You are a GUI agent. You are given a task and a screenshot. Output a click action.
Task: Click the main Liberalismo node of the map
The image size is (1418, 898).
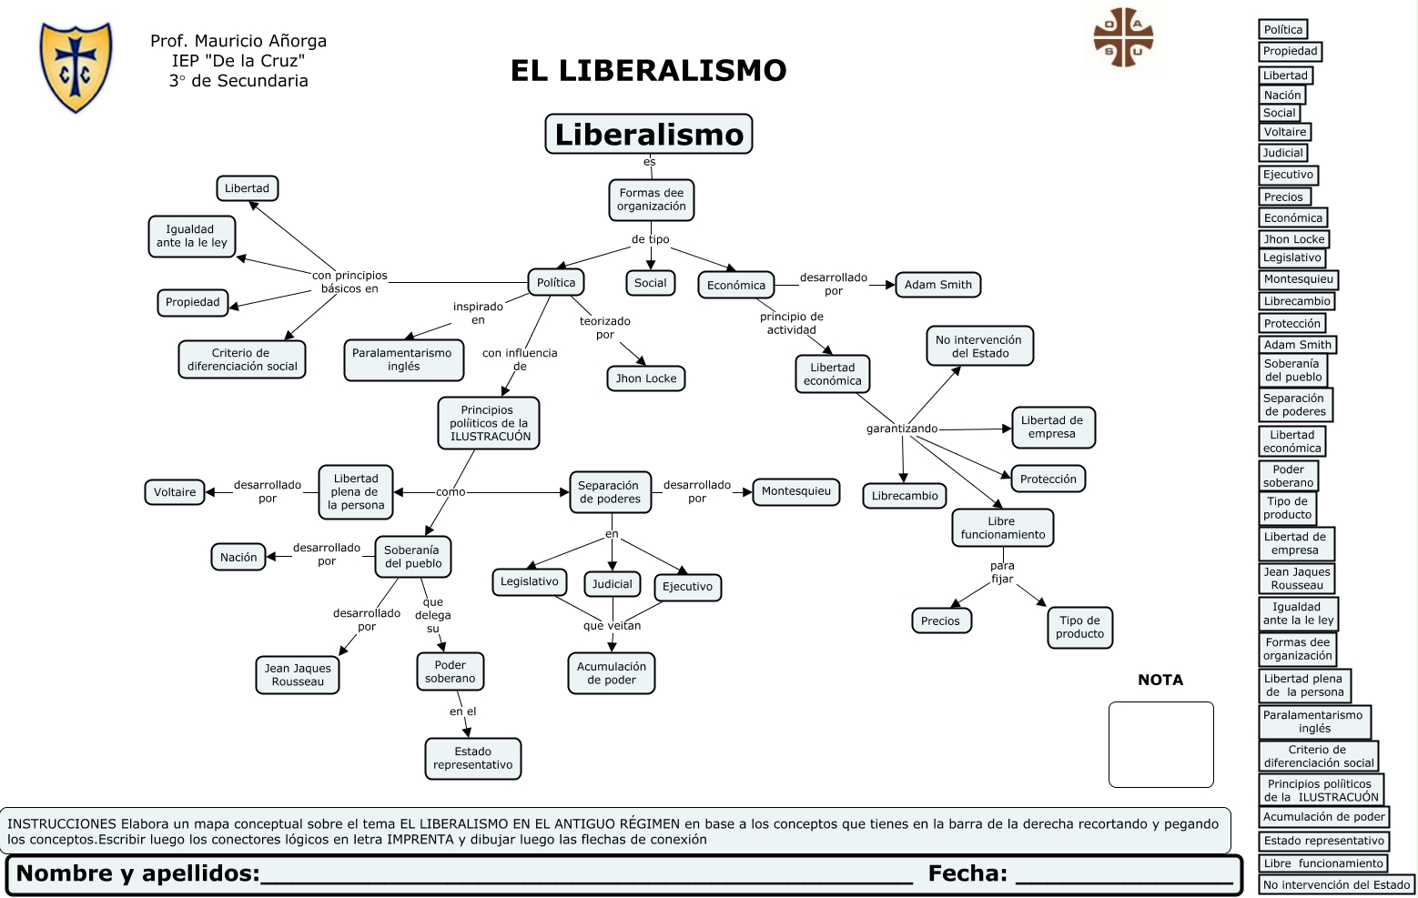click(x=648, y=135)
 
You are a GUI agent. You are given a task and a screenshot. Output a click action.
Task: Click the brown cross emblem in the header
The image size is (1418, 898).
click(x=1123, y=37)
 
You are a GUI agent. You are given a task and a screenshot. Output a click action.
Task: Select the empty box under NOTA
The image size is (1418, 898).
click(x=1160, y=744)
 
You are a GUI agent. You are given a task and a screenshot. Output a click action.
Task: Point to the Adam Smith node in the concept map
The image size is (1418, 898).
click(x=937, y=285)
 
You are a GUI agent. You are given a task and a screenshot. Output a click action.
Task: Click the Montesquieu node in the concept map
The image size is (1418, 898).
click(x=795, y=491)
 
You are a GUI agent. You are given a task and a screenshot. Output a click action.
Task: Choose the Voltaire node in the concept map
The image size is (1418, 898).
click(x=174, y=492)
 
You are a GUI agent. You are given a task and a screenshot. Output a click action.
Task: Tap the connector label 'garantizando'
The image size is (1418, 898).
click(x=901, y=429)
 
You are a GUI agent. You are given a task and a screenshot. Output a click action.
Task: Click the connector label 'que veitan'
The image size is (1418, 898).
click(x=612, y=626)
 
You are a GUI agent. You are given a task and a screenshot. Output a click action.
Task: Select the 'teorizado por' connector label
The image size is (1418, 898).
click(x=604, y=328)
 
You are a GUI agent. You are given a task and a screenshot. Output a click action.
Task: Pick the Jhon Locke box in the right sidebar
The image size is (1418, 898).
click(x=1293, y=239)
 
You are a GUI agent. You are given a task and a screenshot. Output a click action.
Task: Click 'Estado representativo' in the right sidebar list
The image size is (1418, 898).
click(x=1323, y=841)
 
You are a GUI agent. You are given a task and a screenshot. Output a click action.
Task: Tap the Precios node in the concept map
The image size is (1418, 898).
click(x=940, y=621)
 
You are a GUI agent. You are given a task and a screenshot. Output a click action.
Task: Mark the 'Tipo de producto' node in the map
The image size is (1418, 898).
click(x=1079, y=627)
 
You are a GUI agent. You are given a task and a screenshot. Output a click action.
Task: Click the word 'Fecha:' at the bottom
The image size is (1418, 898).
click(x=967, y=873)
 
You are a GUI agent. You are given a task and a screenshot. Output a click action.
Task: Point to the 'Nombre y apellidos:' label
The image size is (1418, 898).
click(x=137, y=873)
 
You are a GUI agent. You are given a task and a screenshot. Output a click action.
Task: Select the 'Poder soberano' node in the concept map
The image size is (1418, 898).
click(x=450, y=671)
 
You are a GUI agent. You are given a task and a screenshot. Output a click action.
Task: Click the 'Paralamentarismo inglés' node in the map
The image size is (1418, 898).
click(x=402, y=359)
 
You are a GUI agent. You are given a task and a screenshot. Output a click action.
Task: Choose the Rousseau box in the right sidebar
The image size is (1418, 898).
click(x=1297, y=579)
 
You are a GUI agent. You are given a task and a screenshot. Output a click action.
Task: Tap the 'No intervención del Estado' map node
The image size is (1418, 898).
click(x=979, y=347)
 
